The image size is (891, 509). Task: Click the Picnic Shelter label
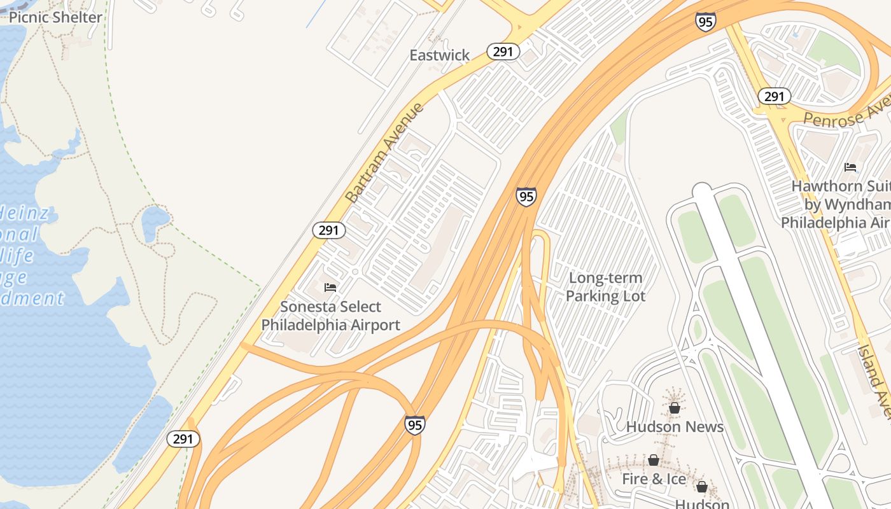point(55,17)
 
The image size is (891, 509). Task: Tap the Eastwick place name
point(440,55)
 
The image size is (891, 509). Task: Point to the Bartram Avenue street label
point(384,153)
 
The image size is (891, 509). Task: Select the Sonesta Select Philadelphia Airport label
point(331,316)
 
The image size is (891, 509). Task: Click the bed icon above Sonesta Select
point(330,288)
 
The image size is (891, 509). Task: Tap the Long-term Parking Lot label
point(605,287)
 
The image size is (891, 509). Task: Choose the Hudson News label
point(675,427)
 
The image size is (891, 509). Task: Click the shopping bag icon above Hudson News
point(675,408)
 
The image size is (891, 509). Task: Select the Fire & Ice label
point(654,479)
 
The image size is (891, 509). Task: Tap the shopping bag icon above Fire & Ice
point(654,460)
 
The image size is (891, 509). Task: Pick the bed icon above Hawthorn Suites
point(850,167)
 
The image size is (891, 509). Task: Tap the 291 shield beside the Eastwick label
point(503,52)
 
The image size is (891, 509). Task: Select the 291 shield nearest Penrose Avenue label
point(774,97)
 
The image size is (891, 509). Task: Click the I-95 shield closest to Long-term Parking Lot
point(526,197)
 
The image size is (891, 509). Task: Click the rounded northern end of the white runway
point(702,190)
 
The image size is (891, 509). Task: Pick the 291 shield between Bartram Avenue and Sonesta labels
point(328,230)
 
